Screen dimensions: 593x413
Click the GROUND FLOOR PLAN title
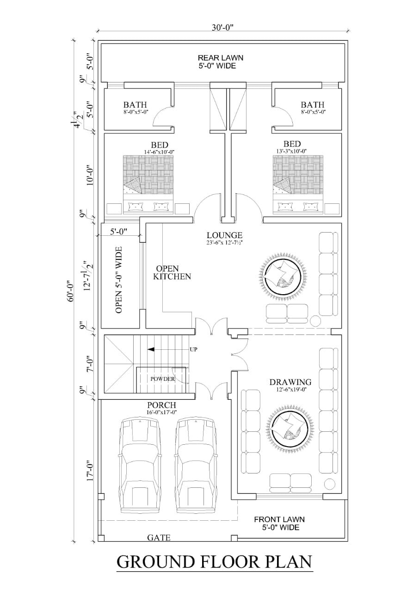point(215,561)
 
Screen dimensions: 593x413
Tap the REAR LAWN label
point(221,58)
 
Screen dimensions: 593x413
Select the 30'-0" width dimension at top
point(223,27)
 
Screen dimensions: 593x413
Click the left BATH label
point(135,105)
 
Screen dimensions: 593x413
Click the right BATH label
point(313,105)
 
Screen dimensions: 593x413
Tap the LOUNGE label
point(225,235)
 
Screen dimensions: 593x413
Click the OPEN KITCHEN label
point(172,272)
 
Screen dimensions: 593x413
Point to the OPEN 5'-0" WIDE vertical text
point(119,280)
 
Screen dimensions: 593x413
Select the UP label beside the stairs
point(194,349)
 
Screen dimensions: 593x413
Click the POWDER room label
point(162,379)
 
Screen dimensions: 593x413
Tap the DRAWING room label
point(290,382)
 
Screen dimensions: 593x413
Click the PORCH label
point(162,405)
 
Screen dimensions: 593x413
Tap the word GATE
point(159,538)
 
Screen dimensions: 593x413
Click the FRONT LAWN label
point(279,520)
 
